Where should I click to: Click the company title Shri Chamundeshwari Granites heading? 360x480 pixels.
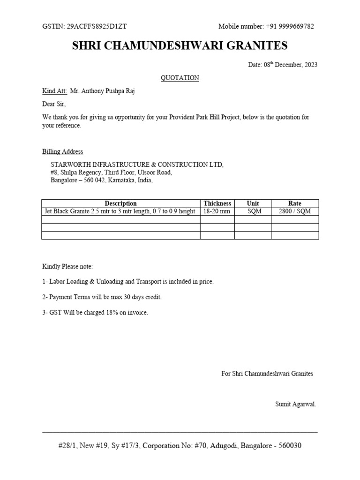pos(180,46)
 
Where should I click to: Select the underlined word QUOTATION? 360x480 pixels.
pos(180,78)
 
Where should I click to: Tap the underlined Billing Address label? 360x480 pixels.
pos(63,151)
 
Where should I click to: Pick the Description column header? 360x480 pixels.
pos(120,203)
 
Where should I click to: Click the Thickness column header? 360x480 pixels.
pos(217,203)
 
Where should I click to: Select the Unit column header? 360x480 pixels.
pos(253,203)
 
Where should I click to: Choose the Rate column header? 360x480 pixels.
pos(295,203)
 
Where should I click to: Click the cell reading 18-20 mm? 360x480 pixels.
pos(217,211)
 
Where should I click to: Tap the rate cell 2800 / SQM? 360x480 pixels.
pos(295,211)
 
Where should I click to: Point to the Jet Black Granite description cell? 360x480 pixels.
pos(120,211)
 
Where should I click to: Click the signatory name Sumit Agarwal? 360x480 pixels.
pos(295,404)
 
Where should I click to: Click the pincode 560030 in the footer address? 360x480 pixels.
pos(290,446)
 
